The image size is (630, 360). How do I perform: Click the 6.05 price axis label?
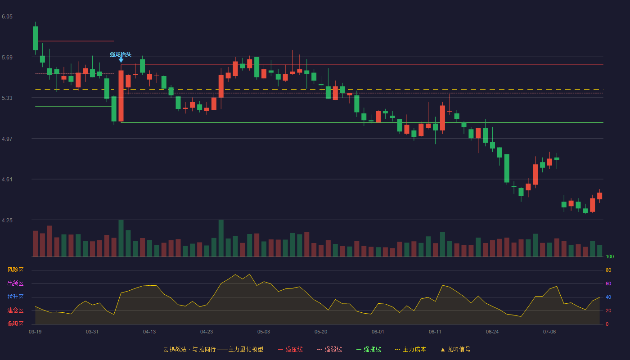tap(7, 17)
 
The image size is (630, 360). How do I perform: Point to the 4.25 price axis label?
tap(7, 220)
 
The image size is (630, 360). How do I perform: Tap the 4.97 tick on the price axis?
tap(7, 139)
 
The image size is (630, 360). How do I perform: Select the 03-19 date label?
tap(35, 332)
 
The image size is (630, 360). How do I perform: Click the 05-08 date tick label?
tap(264, 332)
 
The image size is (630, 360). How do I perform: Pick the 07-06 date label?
tap(549, 332)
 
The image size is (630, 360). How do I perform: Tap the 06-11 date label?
tap(435, 332)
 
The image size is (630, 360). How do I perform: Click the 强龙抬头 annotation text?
tap(121, 54)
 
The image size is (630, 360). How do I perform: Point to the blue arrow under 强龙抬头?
tap(121, 60)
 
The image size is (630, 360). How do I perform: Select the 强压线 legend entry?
tap(291, 349)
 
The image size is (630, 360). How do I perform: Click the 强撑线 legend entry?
tap(369, 349)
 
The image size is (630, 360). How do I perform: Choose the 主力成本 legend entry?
tap(410, 349)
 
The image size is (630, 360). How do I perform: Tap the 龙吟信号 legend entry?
tap(455, 349)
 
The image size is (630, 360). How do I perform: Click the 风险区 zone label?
tap(15, 270)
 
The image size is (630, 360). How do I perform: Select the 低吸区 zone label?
tap(15, 324)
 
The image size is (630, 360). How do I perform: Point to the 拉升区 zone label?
tap(15, 297)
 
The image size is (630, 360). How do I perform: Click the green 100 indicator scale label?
tap(610, 256)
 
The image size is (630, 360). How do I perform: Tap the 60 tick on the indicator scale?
tap(608, 283)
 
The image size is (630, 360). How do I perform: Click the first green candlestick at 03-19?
tap(35, 38)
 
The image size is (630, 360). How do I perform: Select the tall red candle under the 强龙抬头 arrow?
tap(121, 95)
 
